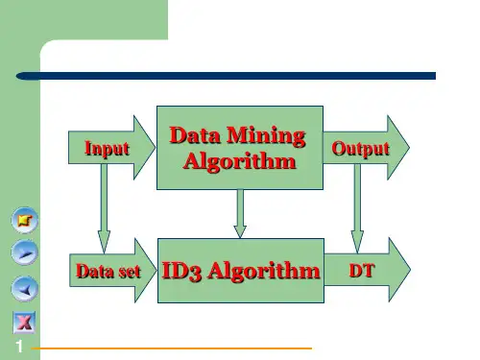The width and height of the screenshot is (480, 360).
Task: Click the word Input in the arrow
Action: point(107,149)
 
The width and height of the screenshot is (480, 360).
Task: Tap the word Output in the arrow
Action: point(361,149)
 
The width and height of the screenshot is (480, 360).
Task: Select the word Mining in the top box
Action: point(266,136)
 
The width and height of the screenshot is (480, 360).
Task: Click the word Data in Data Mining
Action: point(195,135)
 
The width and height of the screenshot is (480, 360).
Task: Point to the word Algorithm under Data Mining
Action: point(240,161)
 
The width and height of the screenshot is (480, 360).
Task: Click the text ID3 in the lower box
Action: point(181,272)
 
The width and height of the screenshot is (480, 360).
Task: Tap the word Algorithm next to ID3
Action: point(264,272)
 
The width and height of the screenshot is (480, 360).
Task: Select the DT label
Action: point(362,271)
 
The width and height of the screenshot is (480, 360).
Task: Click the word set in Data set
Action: point(130,272)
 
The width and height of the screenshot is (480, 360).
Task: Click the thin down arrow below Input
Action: point(104,208)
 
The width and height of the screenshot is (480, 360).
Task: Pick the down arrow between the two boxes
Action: point(240,214)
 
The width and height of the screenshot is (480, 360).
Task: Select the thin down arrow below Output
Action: point(357,208)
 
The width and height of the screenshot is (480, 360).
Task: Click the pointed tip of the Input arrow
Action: point(156,147)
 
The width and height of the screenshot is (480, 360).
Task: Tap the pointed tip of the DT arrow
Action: point(410,270)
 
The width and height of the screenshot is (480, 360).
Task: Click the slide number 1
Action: point(19,347)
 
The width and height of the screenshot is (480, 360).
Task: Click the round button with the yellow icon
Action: point(25,220)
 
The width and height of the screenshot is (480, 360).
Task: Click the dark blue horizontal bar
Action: point(226,76)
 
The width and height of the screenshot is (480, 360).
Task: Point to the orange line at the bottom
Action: point(172,348)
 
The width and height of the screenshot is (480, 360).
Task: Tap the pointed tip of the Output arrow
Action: point(409,147)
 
